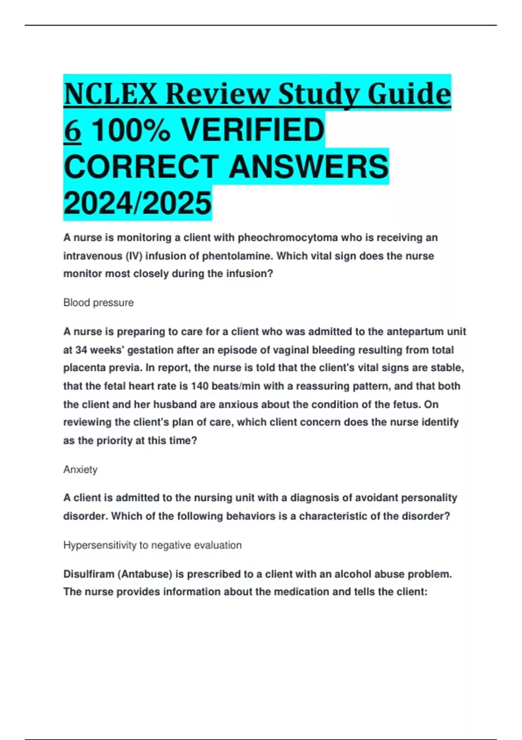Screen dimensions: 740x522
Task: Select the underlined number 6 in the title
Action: click(72, 131)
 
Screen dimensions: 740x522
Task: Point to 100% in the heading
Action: click(131, 131)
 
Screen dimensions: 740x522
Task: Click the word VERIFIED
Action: click(252, 131)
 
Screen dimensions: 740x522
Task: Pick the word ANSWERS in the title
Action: click(308, 167)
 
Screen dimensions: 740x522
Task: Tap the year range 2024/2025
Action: click(137, 203)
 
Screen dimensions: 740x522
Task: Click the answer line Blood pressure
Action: click(98, 303)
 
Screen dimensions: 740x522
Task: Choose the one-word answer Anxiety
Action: click(80, 469)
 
